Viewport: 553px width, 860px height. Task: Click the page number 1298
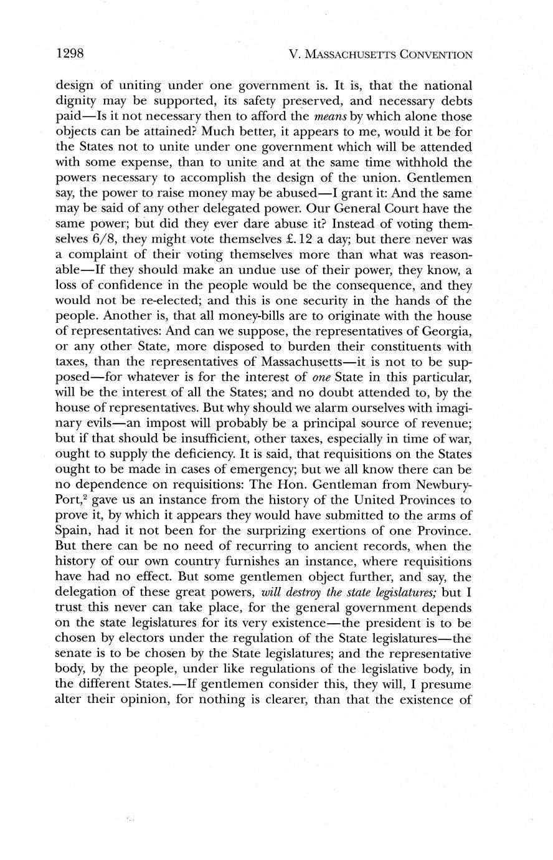click(70, 54)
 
